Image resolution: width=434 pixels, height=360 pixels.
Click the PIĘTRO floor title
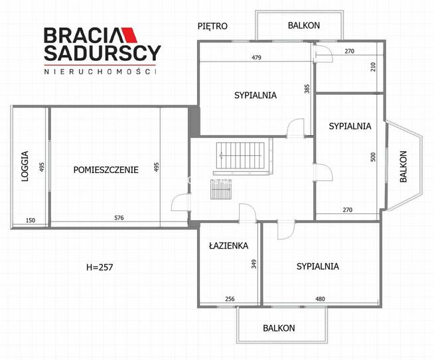point(213,27)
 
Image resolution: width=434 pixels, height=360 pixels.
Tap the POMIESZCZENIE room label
point(106,170)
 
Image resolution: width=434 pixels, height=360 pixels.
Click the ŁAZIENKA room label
point(228,245)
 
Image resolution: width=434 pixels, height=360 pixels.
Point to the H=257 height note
point(100,268)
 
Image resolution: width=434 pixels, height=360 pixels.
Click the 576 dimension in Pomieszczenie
point(119,219)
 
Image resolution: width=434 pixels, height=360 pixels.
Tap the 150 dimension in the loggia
point(31,220)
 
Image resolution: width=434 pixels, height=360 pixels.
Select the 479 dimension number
point(257,58)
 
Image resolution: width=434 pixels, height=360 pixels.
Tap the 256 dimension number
point(230,300)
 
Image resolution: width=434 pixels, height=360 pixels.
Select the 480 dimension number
point(320,300)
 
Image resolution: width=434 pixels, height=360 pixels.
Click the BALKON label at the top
point(304,26)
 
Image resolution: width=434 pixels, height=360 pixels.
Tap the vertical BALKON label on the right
point(403,167)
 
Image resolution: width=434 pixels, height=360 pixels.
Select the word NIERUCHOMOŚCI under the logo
point(100,70)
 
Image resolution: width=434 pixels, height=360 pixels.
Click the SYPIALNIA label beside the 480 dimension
point(318,267)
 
